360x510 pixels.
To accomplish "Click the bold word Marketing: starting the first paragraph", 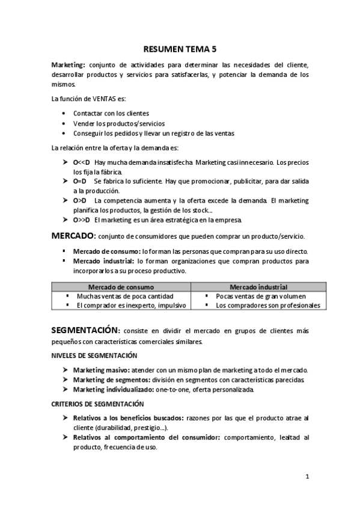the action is pyautogui.click(x=68, y=65).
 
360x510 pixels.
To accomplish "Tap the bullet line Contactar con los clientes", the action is pyautogui.click(x=111, y=113).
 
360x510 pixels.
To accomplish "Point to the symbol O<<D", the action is pyautogui.click(x=81, y=162).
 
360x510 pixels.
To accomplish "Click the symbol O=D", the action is pyautogui.click(x=79, y=180).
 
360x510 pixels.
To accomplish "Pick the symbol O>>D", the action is pyautogui.click(x=81, y=220).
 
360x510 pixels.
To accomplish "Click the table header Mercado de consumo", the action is pyautogui.click(x=121, y=287).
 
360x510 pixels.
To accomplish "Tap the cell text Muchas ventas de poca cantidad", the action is pyautogui.click(x=125, y=296).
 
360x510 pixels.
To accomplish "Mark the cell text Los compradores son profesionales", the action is pyautogui.click(x=267, y=305).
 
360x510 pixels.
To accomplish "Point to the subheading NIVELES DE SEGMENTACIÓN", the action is pyautogui.click(x=94, y=356).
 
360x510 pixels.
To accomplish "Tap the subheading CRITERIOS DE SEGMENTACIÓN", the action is pyautogui.click(x=97, y=404).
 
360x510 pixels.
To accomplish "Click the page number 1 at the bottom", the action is pyautogui.click(x=307, y=477).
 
